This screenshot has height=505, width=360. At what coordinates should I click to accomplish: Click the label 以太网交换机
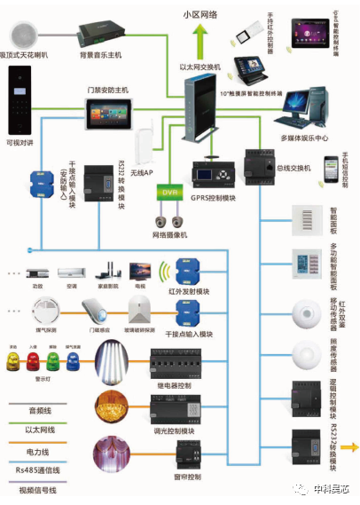pos(199,67)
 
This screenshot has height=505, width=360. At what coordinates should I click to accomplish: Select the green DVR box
pos(168,192)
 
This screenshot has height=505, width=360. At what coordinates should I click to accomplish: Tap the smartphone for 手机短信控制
pos(330,169)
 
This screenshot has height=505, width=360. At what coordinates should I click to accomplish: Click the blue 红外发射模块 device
pos(190,270)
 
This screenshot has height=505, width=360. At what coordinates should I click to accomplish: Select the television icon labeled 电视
pos(139,271)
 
